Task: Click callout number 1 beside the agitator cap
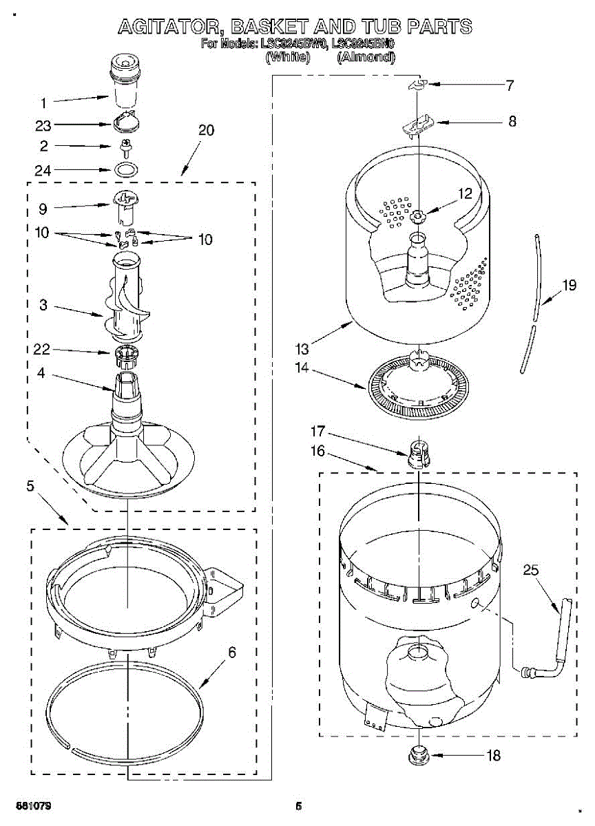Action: (x=43, y=103)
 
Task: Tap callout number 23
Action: (x=43, y=125)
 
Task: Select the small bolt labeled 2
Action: (x=126, y=147)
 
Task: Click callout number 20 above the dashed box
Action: (x=206, y=130)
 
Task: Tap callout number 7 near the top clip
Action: (x=510, y=85)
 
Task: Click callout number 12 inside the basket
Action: (x=466, y=195)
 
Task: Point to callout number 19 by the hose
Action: (x=569, y=284)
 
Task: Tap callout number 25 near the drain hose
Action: (x=530, y=570)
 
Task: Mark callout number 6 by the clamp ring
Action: (x=232, y=652)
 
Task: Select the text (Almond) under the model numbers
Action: (x=366, y=58)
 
